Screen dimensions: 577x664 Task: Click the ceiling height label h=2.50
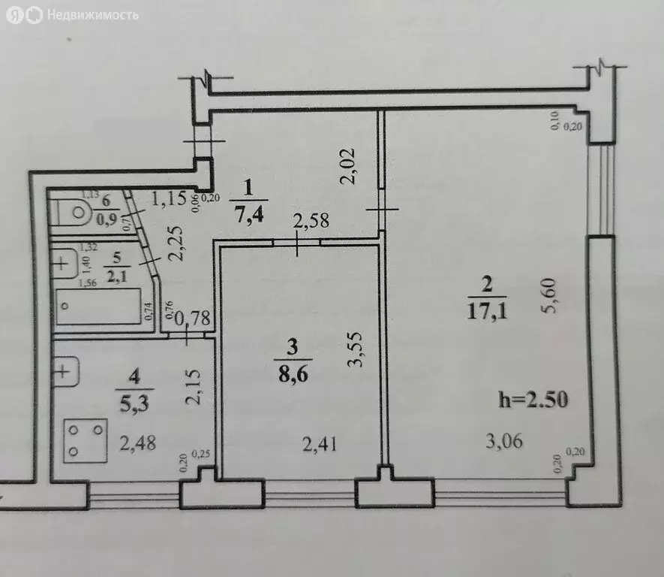(534, 399)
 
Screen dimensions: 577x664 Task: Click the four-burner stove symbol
(85, 440)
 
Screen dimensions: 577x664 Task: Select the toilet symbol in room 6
(77, 211)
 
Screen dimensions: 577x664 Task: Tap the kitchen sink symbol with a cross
(65, 370)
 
